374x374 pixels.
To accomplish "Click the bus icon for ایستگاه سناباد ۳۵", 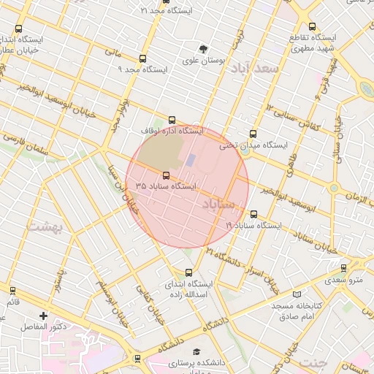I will (167, 175).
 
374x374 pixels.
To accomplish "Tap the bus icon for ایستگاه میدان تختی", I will (253, 134).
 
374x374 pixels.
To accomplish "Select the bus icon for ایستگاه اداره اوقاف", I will (172, 120).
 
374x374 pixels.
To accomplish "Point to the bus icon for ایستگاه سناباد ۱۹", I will (253, 215).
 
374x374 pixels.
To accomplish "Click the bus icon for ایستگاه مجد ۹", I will (142, 58).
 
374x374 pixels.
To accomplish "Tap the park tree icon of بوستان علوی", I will (204, 48).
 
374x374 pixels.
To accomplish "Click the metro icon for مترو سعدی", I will (343, 268).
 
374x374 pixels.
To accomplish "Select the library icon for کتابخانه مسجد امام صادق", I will (297, 294).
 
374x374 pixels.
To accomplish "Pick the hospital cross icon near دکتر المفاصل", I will (44, 316).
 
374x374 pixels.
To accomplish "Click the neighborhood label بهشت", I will (46, 226).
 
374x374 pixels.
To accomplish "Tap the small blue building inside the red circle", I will (191, 159).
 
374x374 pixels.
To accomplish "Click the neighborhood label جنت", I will (313, 362).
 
